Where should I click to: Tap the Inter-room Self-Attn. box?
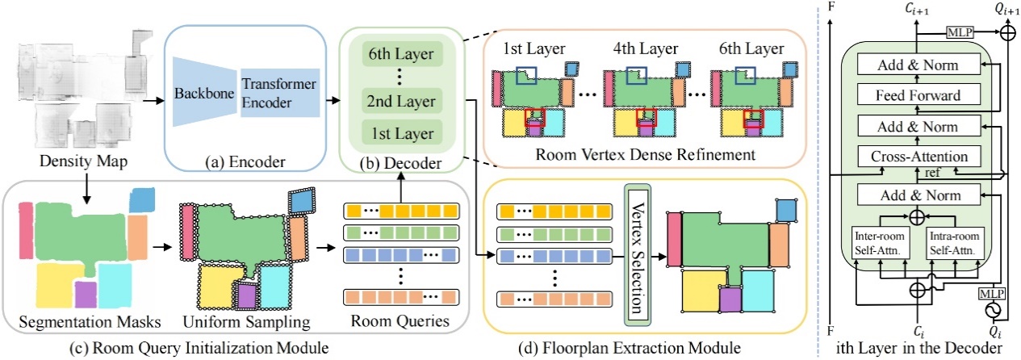pos(872,243)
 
